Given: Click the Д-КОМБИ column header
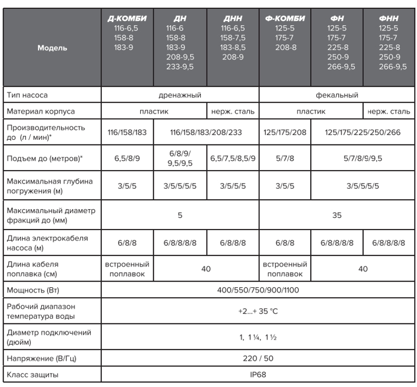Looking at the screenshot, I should [x=127, y=19].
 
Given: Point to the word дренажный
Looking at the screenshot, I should [x=179, y=95].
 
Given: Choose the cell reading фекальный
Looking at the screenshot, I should [x=337, y=95].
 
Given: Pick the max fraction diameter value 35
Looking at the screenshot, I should [x=337, y=214].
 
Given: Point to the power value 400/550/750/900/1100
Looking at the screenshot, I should [x=259, y=289].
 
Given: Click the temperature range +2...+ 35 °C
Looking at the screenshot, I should [x=259, y=312].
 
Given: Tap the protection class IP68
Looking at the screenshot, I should [x=259, y=375].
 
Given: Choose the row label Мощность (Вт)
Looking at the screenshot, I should [x=32, y=289].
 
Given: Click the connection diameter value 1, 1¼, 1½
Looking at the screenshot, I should [x=259, y=337].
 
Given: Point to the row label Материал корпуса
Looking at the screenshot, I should [x=41, y=111].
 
